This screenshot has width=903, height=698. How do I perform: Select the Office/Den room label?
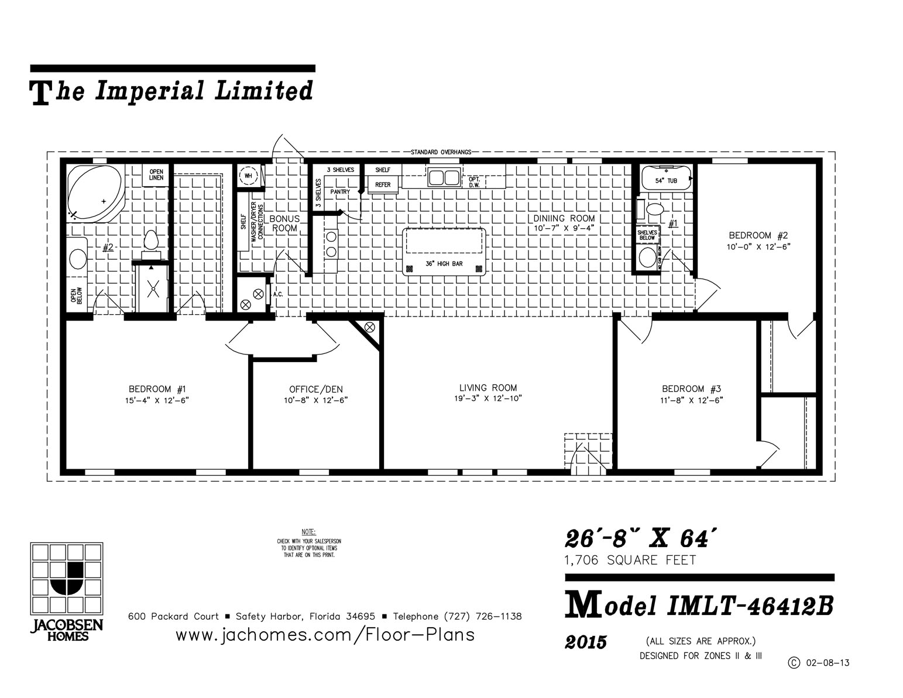click(x=316, y=389)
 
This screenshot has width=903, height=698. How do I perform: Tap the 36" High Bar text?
click(x=444, y=264)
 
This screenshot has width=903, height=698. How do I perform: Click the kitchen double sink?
click(x=443, y=177)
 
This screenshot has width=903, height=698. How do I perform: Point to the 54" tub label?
click(x=666, y=181)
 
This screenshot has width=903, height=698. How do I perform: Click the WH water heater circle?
click(x=249, y=176)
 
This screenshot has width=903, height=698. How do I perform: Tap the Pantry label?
click(x=340, y=191)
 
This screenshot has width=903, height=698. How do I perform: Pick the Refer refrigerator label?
click(x=383, y=185)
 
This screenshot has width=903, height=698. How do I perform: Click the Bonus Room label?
click(x=284, y=223)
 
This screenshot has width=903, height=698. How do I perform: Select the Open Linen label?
click(x=156, y=174)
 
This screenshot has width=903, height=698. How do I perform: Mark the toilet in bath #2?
click(x=151, y=241)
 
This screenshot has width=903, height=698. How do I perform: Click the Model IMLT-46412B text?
click(x=699, y=606)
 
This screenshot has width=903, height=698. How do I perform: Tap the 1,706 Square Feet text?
click(x=630, y=561)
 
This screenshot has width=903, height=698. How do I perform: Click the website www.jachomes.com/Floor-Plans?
click(x=325, y=635)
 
